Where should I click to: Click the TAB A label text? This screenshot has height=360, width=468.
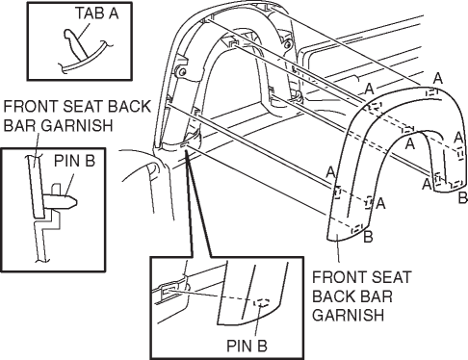point(97,13)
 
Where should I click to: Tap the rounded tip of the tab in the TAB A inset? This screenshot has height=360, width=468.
point(68,33)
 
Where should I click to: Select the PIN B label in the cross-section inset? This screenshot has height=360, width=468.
point(74,161)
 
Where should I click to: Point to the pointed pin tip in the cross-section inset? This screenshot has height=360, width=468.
point(75,202)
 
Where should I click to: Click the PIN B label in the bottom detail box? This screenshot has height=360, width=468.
point(247,346)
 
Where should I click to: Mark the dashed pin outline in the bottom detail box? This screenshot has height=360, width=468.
point(262,302)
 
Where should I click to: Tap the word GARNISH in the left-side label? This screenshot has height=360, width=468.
point(77,125)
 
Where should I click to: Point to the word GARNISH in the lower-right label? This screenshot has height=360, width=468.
point(348,315)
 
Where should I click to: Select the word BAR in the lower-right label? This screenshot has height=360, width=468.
point(377,296)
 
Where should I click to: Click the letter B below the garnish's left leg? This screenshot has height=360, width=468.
point(368,237)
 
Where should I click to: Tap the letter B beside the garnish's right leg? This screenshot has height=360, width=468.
point(462,197)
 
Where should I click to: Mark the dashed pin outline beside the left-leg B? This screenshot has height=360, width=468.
point(357,229)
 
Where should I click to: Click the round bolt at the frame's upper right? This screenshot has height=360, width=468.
point(288,44)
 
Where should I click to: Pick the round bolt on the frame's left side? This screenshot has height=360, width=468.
point(182,72)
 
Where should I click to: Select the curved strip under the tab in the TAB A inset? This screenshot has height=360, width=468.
point(84,59)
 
